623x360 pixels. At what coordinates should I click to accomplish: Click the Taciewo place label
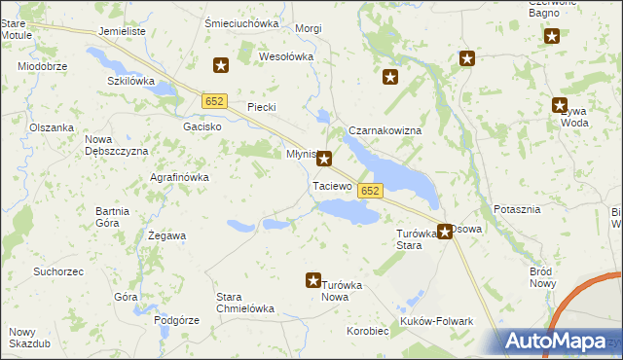click(331, 185)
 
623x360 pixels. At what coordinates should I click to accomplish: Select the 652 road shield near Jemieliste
click(215, 100)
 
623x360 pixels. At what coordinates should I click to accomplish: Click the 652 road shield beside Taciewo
click(369, 192)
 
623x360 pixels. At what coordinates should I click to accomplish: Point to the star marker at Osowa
click(445, 232)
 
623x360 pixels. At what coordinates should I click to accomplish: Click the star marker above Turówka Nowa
click(313, 280)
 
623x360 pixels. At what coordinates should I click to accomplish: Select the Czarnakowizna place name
click(385, 130)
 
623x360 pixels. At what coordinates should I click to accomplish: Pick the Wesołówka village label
click(286, 56)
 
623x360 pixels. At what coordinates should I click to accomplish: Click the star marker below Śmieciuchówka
click(221, 66)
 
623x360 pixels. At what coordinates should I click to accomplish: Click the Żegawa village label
click(166, 235)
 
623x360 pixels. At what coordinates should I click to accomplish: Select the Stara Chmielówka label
click(244, 302)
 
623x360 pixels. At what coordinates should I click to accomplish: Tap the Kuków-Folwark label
click(436, 321)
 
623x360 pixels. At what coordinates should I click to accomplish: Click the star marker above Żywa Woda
click(560, 105)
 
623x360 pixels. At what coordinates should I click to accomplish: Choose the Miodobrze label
click(43, 66)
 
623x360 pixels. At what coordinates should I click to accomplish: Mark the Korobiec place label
click(368, 331)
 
